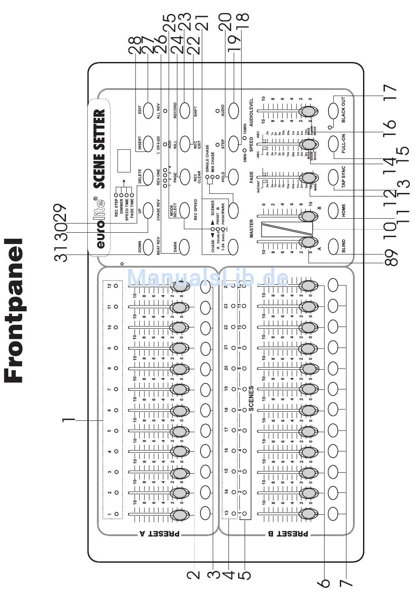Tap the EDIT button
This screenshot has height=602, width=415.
point(148,109)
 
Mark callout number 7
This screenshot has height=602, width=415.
point(346,578)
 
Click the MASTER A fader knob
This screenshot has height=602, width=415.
point(307,243)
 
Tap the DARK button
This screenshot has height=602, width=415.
point(183,247)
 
